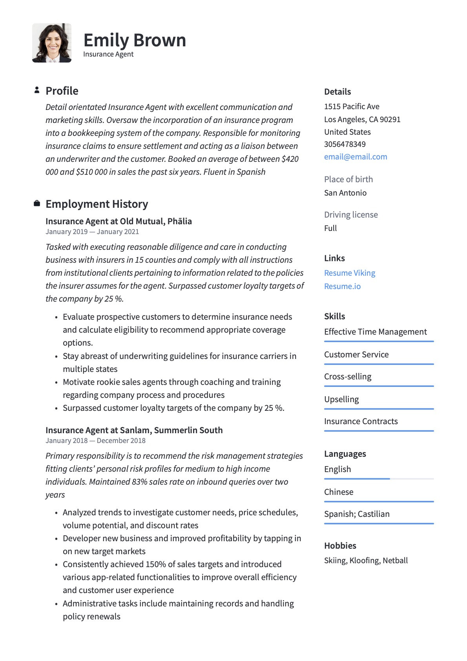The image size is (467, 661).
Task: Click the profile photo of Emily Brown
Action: pos(52,43)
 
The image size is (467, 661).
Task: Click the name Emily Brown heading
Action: pos(135,40)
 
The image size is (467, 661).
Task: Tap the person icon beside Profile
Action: pos(36,90)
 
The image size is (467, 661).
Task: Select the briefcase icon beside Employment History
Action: pos(36,203)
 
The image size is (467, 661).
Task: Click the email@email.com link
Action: pos(355,157)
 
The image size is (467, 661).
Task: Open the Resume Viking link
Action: pos(349,273)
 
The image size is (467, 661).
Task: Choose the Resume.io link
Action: pos(342,286)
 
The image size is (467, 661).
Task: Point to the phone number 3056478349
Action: pos(345,144)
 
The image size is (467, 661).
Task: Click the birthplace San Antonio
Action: pos(345,193)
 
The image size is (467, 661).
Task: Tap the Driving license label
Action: pos(350,215)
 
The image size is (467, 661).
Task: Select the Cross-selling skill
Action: pos(347,377)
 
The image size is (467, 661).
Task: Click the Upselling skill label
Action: pos(341,399)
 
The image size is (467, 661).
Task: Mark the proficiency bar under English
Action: pos(378,479)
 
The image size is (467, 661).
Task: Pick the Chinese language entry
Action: pos(338,492)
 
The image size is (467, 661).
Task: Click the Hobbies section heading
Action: pos(340,546)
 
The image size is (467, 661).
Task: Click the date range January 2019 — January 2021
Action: pos(92,232)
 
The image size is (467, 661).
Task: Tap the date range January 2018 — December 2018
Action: pos(95,441)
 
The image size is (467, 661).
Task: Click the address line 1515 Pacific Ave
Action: pos(351,106)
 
